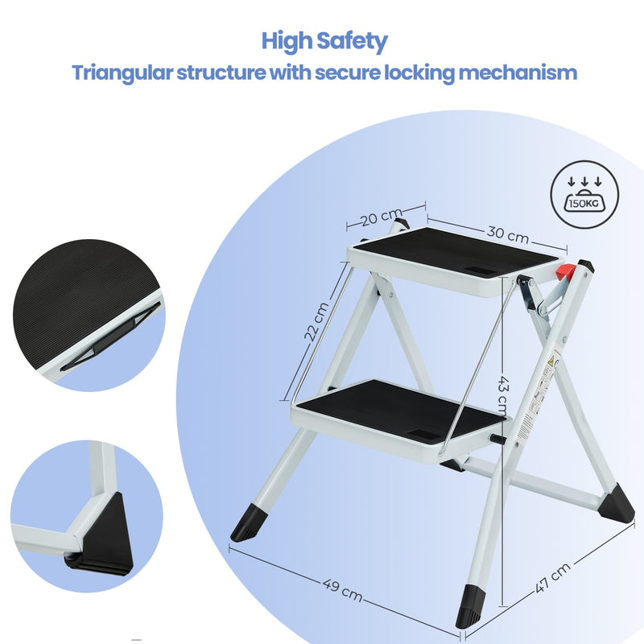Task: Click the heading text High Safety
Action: (324, 41)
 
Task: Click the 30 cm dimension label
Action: (507, 233)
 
